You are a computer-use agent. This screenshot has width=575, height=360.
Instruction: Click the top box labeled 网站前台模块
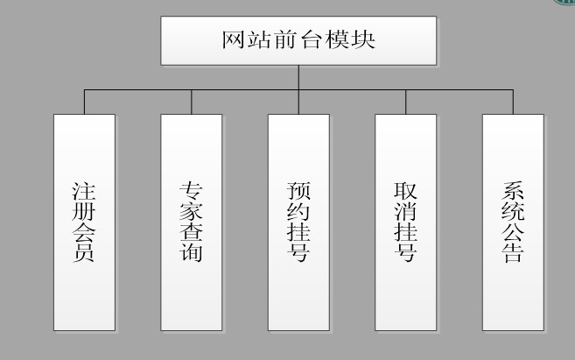click(x=298, y=40)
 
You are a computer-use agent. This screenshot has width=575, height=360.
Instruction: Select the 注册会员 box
click(x=84, y=222)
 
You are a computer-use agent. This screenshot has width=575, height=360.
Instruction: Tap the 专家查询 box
click(x=191, y=222)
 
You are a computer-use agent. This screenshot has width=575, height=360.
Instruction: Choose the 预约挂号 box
click(x=298, y=222)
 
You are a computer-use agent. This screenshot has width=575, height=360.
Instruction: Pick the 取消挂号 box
click(x=405, y=222)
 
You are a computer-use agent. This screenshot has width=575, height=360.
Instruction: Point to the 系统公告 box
click(x=513, y=222)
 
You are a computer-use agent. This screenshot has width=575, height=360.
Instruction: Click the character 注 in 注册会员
click(x=84, y=191)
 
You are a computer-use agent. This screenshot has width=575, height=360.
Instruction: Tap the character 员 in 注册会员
click(x=84, y=255)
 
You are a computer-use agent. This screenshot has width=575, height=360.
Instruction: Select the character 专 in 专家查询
click(x=191, y=191)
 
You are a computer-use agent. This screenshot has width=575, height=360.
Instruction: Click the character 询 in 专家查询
click(x=191, y=255)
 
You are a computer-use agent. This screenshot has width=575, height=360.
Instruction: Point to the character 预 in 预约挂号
click(x=298, y=191)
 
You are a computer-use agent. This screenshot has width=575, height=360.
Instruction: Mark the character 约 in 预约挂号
click(x=298, y=212)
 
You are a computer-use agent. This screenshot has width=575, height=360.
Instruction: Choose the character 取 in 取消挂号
click(x=405, y=191)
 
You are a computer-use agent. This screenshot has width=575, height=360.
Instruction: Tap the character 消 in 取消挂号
click(x=405, y=212)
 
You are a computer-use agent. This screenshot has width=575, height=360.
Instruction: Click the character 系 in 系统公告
click(x=513, y=191)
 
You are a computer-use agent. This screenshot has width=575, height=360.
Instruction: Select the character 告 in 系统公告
click(x=513, y=255)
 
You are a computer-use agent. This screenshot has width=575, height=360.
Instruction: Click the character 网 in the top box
click(x=232, y=40)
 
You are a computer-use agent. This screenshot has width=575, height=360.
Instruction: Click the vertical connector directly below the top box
click(x=298, y=77)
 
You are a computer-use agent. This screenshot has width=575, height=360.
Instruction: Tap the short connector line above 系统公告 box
click(x=513, y=102)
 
